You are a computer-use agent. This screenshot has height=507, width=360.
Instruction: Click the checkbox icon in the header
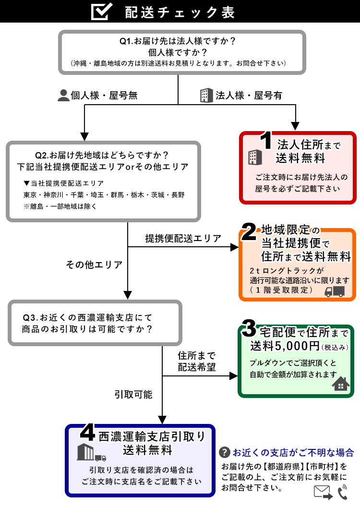click(102, 12)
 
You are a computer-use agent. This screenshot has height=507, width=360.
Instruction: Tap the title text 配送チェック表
click(180, 12)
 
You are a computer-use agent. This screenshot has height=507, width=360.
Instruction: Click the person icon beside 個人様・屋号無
click(63, 96)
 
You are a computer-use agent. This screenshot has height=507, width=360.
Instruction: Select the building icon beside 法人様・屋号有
click(206, 95)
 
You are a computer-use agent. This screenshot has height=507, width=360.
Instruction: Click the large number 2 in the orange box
click(249, 232)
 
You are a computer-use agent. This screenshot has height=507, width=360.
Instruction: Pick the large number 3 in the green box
click(250, 329)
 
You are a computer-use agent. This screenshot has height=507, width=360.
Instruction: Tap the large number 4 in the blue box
click(87, 433)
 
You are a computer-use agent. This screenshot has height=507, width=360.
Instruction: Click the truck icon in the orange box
click(335, 291)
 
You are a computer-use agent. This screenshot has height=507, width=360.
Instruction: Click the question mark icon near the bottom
click(224, 452)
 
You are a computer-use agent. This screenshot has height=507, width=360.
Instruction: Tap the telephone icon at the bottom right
click(342, 492)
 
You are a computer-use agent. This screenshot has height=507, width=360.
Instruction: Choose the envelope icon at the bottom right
click(323, 492)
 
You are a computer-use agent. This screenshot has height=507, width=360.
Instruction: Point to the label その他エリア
click(94, 265)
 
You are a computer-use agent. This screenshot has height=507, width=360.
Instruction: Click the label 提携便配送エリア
click(183, 238)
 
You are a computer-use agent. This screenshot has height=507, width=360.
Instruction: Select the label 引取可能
click(133, 395)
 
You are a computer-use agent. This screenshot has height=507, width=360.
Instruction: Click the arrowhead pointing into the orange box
click(235, 247)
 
